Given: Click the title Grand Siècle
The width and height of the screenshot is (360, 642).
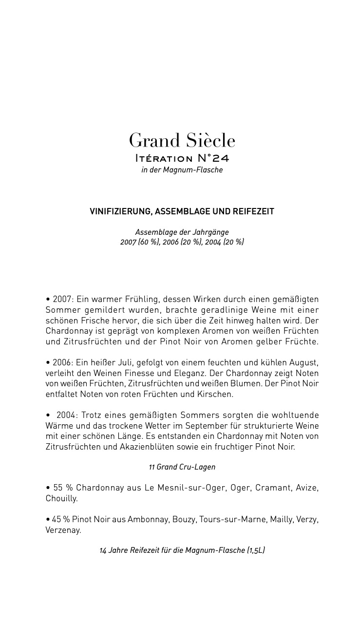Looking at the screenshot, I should click(182, 141).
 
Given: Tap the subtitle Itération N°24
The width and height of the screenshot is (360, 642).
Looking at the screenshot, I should click(182, 158).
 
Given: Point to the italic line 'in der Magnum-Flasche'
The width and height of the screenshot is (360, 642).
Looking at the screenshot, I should click(182, 170).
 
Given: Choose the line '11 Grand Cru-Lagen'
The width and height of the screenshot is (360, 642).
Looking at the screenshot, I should click(182, 467).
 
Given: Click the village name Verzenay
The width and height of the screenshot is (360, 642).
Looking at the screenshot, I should click(63, 530).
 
